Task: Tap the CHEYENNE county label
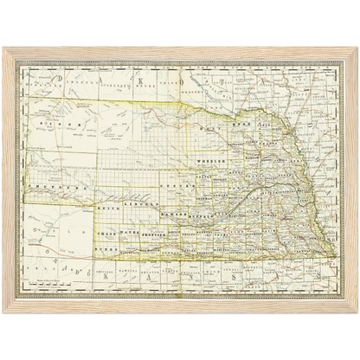[x=55, y=185]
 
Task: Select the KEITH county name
[x=107, y=209]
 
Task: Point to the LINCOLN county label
[x=140, y=206]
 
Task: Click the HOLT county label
[x=204, y=126]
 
